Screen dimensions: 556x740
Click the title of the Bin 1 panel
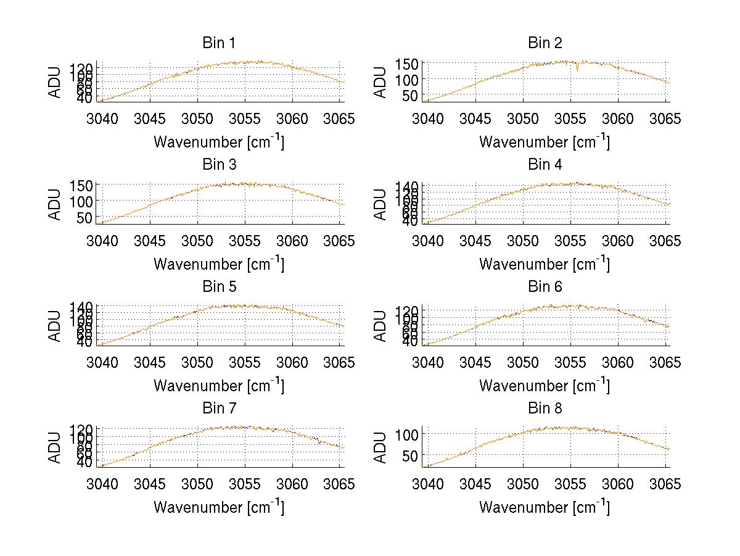tap(218, 43)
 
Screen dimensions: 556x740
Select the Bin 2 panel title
tap(545, 43)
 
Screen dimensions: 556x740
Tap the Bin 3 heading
tap(218, 165)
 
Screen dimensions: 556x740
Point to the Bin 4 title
tap(545, 165)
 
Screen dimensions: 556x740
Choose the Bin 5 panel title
tap(218, 287)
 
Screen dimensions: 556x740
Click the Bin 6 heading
tap(545, 287)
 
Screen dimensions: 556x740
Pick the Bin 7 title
tap(218, 409)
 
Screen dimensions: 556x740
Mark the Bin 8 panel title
tap(545, 409)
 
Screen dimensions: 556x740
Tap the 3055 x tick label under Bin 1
tap(245, 118)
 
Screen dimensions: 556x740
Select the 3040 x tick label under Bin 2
tap(427, 118)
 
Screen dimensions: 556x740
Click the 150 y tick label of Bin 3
tap(84, 186)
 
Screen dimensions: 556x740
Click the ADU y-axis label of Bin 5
tap(55, 325)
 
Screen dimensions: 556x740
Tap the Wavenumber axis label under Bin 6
tap(545, 386)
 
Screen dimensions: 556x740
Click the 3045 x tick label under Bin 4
tap(475, 241)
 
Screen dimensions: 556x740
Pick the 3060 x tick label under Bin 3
tap(292, 241)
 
